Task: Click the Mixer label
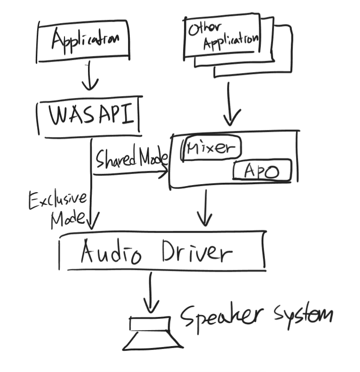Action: [x=210, y=148]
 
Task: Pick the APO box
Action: [x=262, y=171]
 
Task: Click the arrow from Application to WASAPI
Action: [x=89, y=78]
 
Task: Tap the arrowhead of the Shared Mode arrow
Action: [x=165, y=173]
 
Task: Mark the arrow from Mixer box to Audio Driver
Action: [x=205, y=207]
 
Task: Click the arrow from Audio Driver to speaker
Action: [x=151, y=292]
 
